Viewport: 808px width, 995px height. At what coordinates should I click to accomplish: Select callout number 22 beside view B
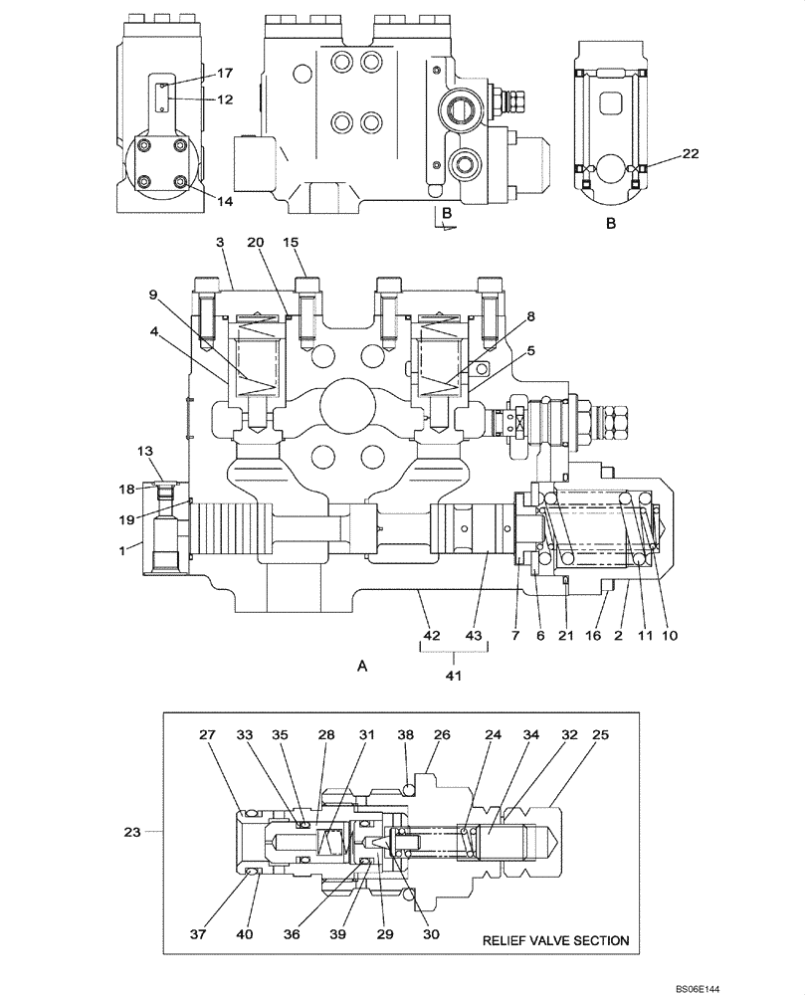[691, 153]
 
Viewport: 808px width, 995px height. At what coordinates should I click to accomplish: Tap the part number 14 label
[225, 200]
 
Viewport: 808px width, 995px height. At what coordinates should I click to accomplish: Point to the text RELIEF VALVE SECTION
[556, 939]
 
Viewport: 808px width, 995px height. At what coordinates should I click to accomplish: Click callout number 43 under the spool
[473, 634]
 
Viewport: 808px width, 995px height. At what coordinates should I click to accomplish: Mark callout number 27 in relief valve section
[206, 736]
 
